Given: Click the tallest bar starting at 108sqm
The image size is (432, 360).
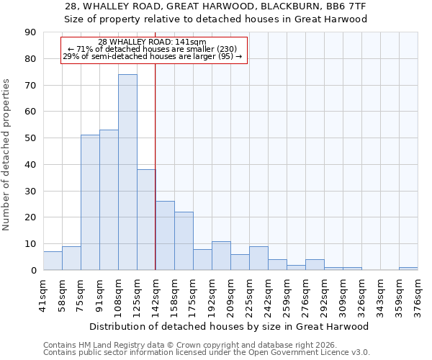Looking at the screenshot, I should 127,172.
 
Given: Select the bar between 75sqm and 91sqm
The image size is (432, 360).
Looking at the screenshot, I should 90,202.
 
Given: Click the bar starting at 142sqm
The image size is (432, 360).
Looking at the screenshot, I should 165,235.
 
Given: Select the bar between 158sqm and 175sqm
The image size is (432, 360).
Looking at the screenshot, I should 184,240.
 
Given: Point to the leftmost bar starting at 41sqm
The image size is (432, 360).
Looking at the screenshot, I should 53,261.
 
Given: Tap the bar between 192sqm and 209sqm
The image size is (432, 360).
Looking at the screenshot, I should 221,256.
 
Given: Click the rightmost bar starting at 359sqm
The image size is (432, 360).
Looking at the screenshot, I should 408,269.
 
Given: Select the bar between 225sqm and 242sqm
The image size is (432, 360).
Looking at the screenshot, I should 258,258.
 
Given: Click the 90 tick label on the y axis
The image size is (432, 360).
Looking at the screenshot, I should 30,32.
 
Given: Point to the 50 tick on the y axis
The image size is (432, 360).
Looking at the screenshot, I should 30,138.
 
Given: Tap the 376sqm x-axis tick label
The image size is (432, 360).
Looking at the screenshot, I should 418,295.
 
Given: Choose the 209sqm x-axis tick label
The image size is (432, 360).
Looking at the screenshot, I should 231,295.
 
